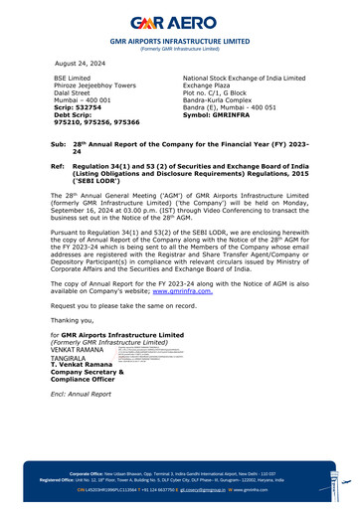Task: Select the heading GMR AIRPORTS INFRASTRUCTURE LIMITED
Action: pos(179,42)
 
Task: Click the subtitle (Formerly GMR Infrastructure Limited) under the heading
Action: pos(179,50)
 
